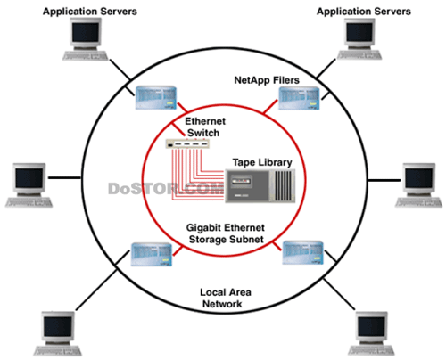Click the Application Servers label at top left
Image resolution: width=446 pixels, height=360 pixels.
[90, 12]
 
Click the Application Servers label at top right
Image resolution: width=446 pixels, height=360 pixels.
[364, 12]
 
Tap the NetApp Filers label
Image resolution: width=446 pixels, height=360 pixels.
[267, 80]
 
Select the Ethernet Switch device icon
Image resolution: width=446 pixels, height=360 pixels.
[187, 144]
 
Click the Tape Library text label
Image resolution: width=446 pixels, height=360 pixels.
[262, 162]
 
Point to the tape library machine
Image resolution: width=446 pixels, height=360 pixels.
[260, 186]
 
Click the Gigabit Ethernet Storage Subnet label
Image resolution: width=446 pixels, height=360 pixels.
[226, 233]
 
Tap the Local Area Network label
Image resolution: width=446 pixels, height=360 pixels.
[225, 298]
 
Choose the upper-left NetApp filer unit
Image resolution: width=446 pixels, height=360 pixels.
[156, 98]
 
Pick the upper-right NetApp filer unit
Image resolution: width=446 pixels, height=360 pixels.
[299, 98]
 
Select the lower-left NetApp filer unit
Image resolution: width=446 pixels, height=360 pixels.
[152, 254]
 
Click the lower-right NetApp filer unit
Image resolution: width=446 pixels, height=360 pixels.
[302, 252]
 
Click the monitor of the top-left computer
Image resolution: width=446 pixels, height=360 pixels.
[86, 33]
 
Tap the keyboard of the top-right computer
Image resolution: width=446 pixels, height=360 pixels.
[359, 55]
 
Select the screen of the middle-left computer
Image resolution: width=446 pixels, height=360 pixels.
[29, 178]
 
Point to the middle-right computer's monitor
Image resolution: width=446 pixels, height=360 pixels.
[418, 178]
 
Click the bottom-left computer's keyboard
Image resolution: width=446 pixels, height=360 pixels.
[57, 350]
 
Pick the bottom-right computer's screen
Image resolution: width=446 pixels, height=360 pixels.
[371, 326]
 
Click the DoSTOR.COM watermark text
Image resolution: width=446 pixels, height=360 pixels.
[166, 189]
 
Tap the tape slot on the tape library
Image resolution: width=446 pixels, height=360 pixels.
[241, 181]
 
